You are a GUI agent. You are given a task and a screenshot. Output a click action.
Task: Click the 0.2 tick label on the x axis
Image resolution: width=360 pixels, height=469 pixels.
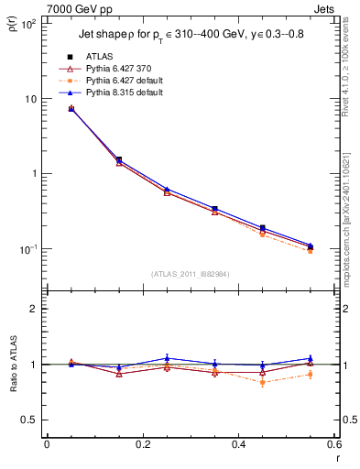click(x=142, y=446)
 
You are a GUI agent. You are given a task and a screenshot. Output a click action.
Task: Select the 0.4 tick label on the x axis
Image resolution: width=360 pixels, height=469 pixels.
click(x=238, y=446)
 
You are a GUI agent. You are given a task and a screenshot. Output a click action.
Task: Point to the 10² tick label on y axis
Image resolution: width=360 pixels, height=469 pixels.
click(x=27, y=25)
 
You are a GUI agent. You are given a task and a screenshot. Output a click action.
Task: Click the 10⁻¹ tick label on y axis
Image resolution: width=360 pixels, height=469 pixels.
click(x=27, y=249)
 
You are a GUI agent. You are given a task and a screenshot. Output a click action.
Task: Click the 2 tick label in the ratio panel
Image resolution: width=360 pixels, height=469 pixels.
click(x=34, y=309)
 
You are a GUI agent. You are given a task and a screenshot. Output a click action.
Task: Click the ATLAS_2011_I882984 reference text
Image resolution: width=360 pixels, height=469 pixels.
click(x=190, y=274)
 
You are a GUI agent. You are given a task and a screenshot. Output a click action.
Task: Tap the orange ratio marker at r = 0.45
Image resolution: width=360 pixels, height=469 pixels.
click(x=263, y=382)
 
